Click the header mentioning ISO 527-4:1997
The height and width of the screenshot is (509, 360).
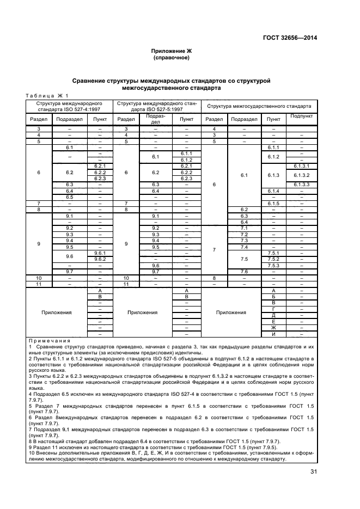[x=69, y=106]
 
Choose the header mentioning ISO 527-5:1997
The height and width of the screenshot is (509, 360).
[x=157, y=106]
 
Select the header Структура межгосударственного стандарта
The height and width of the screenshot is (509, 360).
[x=259, y=106]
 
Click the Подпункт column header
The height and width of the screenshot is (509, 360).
[x=301, y=116]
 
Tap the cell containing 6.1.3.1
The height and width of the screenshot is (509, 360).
[x=301, y=166]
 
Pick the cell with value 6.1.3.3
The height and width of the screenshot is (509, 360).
[x=301, y=185]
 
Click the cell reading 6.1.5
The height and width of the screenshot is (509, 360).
[x=273, y=203]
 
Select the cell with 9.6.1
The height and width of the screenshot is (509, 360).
[x=100, y=253]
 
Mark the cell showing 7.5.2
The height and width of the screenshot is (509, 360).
[x=273, y=259]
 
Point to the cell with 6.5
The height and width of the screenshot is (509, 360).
[x=69, y=197]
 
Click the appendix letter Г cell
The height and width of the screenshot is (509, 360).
[x=273, y=309]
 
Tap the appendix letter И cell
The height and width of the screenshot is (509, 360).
[x=273, y=334]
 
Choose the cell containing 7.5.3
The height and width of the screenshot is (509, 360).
[x=273, y=265]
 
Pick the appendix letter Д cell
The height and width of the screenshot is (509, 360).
[x=273, y=315]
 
